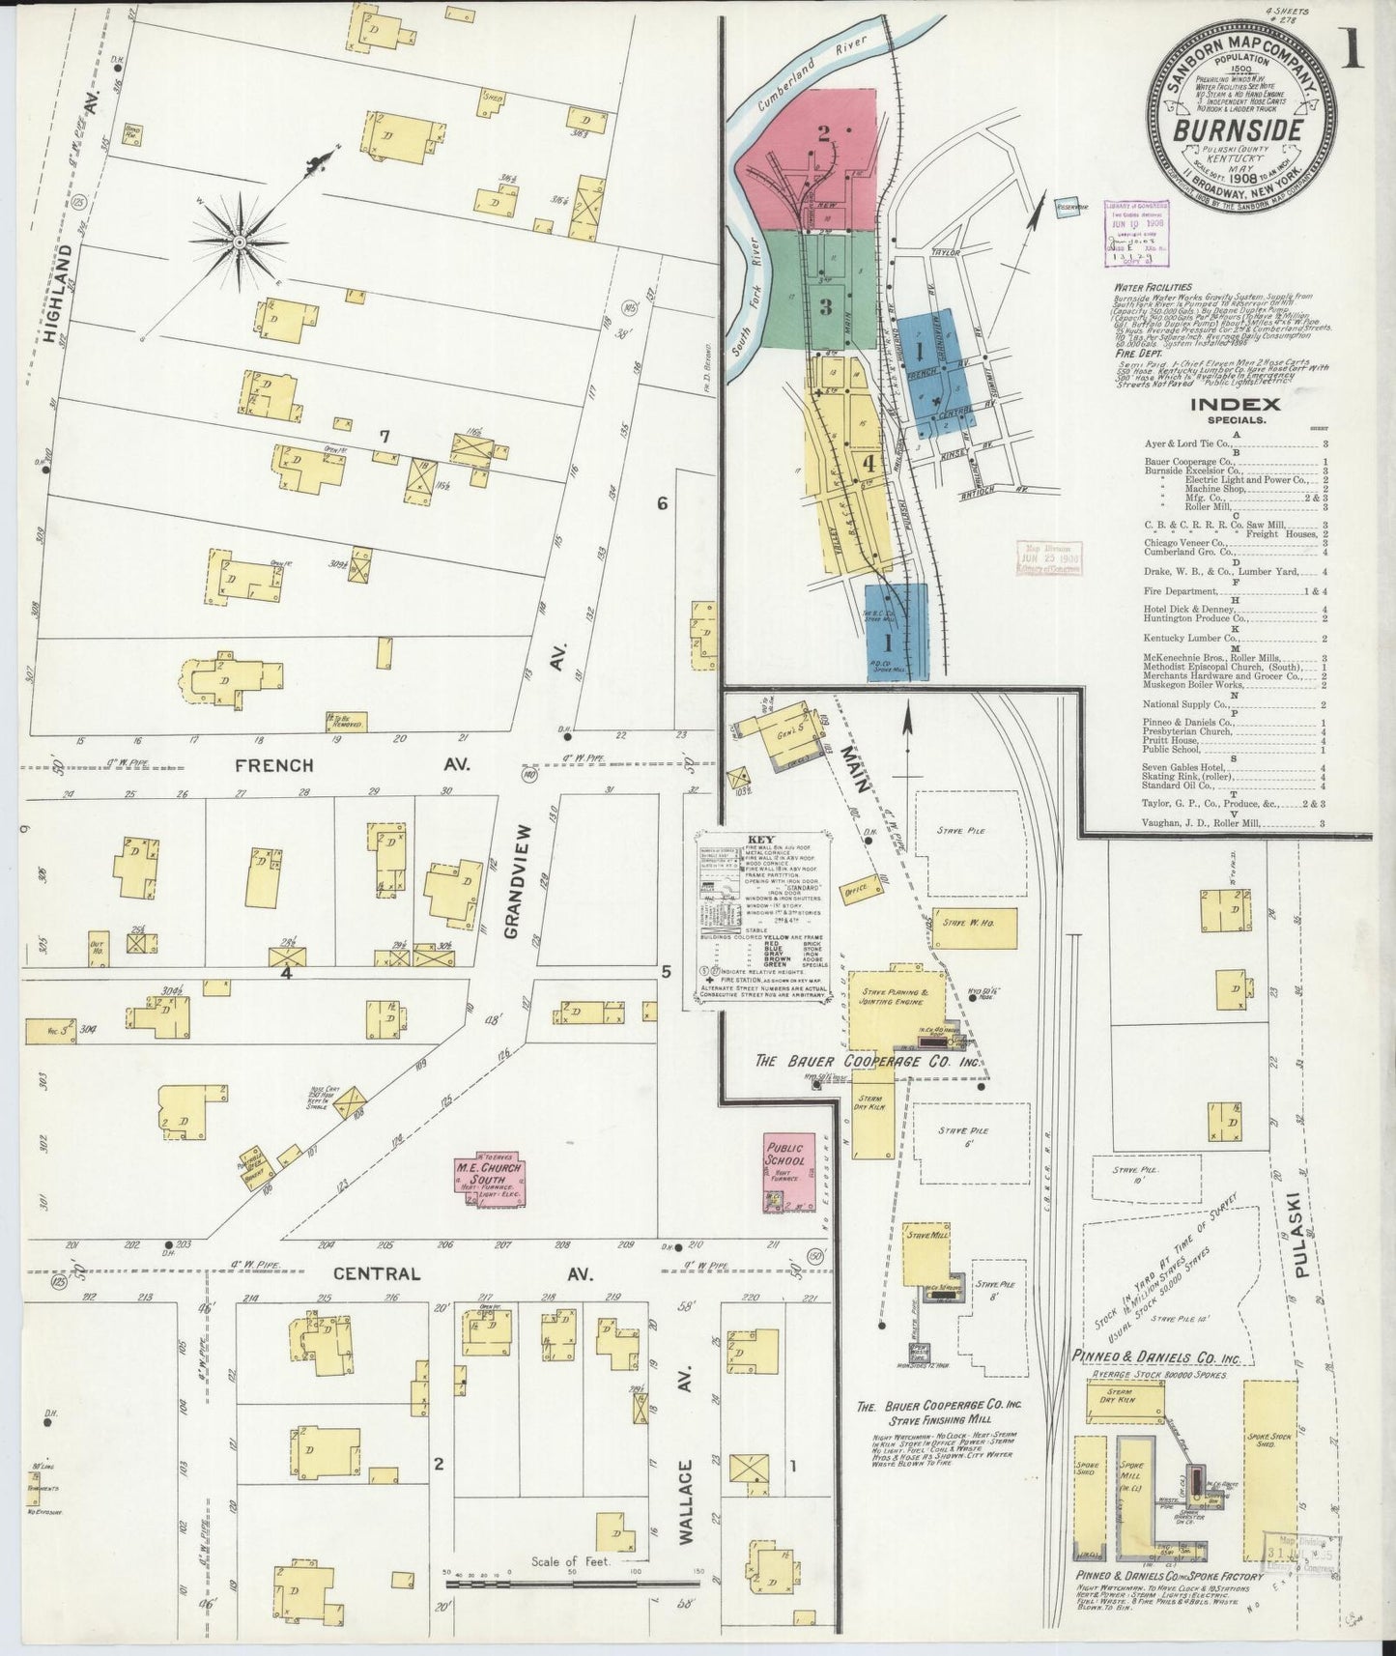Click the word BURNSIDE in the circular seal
1237,128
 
